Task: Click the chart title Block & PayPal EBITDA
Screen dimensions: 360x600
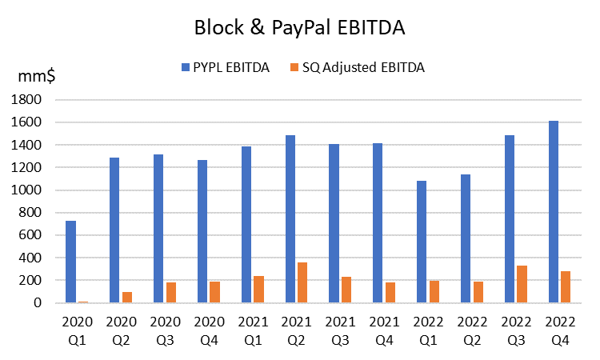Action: pos(299,27)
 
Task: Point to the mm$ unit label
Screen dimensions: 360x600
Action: pos(36,77)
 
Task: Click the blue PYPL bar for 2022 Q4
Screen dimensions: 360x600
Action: pos(554,212)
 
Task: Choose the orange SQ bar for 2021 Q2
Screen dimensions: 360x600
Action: pos(302,282)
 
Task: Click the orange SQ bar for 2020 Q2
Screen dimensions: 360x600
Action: pos(127,298)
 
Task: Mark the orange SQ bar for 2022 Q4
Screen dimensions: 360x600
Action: pos(566,287)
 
